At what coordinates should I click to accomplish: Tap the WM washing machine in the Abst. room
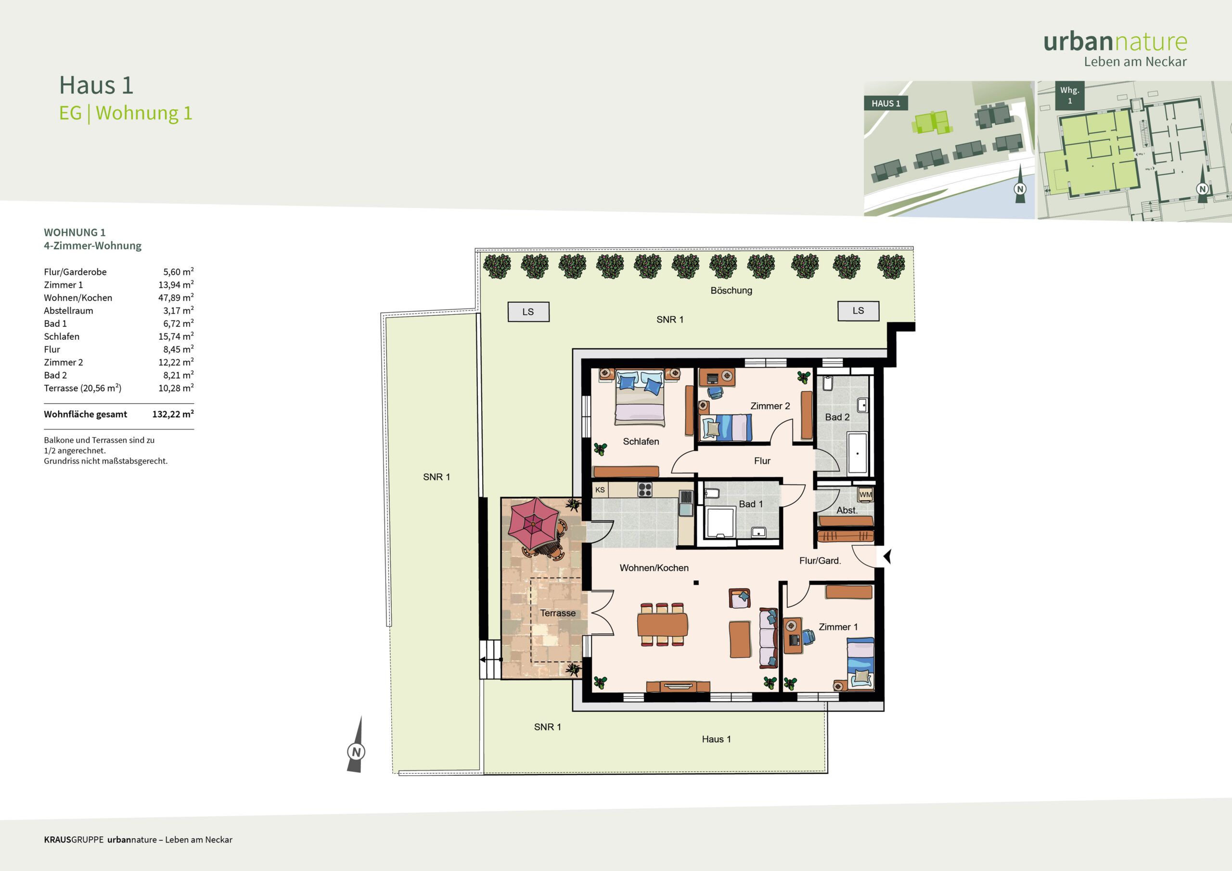[x=865, y=494]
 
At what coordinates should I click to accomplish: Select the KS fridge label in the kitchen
[x=600, y=490]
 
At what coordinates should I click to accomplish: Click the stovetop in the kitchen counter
[x=645, y=489]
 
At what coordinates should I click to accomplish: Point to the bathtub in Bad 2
[x=858, y=453]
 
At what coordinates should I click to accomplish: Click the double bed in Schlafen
[x=640, y=397]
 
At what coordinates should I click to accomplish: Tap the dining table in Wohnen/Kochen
[x=662, y=625]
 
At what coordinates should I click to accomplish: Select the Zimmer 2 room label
[x=770, y=406]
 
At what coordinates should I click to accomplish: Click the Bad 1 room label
[x=751, y=504]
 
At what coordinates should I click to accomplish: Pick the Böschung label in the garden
[x=731, y=290]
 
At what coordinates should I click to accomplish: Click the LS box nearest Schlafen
[x=528, y=312]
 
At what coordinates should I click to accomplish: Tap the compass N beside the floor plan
[x=356, y=751]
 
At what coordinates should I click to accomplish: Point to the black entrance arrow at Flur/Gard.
[x=887, y=556]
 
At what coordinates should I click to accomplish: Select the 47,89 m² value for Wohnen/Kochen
[x=176, y=297]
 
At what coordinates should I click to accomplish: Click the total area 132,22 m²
[x=173, y=414]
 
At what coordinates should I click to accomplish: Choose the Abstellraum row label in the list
[x=68, y=311]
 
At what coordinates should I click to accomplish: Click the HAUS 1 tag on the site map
[x=886, y=103]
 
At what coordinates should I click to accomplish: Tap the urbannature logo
[x=1115, y=48]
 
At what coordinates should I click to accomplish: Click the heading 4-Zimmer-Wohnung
[x=93, y=246]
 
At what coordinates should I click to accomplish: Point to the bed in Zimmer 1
[x=860, y=663]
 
